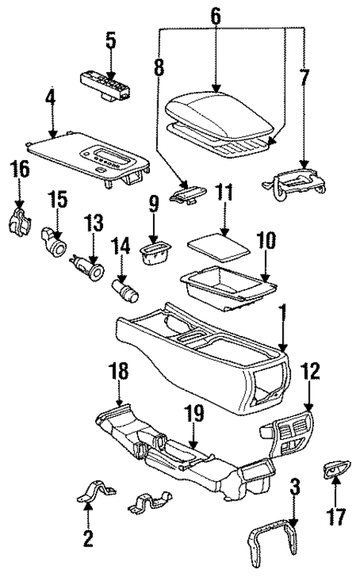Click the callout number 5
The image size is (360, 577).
110,41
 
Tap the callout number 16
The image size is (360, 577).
20,170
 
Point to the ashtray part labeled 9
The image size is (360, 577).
154,254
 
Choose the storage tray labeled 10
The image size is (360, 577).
226,289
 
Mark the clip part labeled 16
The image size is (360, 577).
19,220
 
